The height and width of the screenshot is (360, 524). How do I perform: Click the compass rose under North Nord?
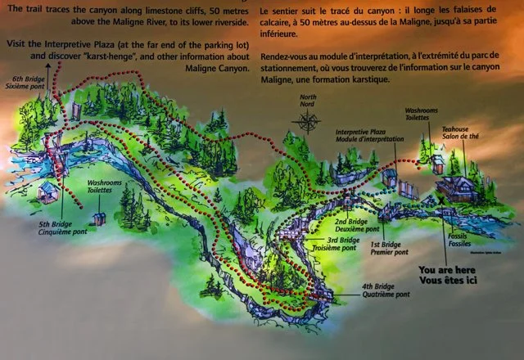click(309, 123)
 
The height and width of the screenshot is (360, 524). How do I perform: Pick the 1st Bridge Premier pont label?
click(388, 249)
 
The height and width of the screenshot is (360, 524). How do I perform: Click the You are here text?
click(448, 268)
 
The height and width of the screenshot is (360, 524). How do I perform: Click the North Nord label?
click(309, 102)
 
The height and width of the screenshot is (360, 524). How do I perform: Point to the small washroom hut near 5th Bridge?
click(99, 218)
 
